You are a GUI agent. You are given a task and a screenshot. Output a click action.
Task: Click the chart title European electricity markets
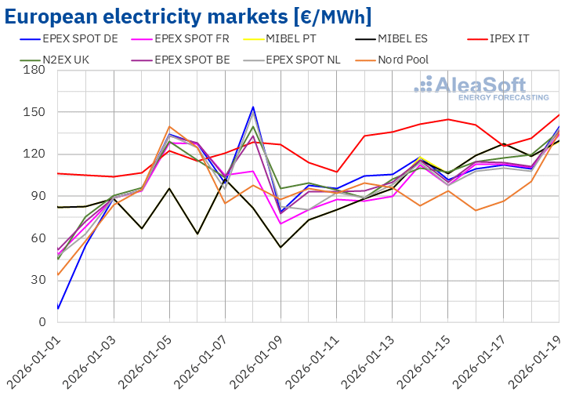click(193, 16)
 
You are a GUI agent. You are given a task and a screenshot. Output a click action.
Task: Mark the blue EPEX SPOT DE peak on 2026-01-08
click(253, 107)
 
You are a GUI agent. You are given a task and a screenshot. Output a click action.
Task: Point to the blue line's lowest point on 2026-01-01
click(58, 308)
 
